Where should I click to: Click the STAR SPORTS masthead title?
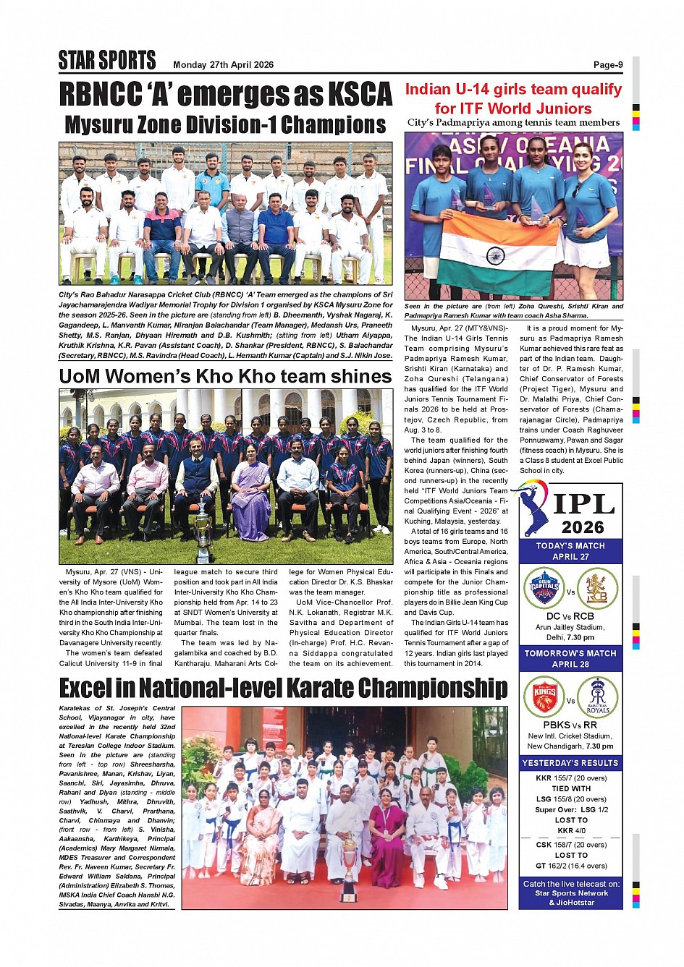coord(107,60)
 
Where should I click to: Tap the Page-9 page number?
coord(607,65)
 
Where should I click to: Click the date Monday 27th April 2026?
coord(223,65)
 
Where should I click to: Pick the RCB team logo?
coord(597,588)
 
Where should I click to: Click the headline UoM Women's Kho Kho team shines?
coord(225,376)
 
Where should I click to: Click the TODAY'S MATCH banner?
coord(570,551)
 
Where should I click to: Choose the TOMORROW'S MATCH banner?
coord(570,658)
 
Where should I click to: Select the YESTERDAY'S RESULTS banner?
coord(570,763)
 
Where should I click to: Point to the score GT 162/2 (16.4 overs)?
coord(570,866)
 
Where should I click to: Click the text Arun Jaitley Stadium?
coord(570,628)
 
